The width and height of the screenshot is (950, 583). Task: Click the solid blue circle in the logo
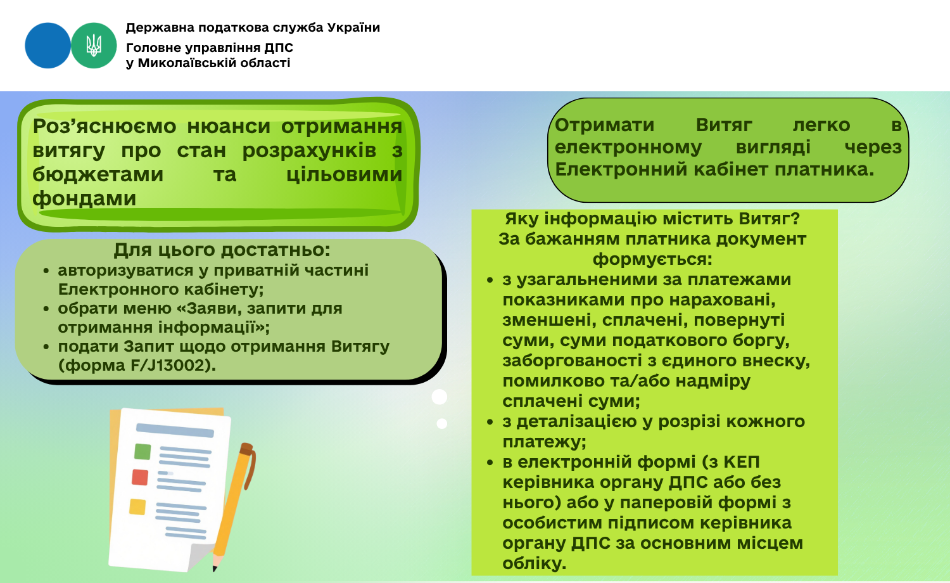click(x=47, y=46)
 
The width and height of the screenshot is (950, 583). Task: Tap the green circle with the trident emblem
click(x=94, y=46)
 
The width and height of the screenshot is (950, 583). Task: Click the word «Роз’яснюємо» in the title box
click(x=104, y=126)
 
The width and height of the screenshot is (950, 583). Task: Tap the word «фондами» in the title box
click(x=84, y=198)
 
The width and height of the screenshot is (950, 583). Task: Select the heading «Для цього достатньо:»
click(x=222, y=250)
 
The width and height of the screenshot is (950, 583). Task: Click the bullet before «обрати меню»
click(x=46, y=309)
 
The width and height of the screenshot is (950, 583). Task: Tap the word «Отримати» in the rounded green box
click(x=604, y=125)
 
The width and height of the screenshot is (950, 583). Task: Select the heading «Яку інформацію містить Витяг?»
click(x=652, y=219)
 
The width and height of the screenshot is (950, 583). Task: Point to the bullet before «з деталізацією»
click(x=490, y=422)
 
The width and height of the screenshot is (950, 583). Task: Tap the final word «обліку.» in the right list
click(x=535, y=563)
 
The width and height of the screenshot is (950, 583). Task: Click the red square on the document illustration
click(x=140, y=477)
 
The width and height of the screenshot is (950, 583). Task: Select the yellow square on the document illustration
click(x=137, y=506)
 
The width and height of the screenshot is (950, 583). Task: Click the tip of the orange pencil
click(x=215, y=570)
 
